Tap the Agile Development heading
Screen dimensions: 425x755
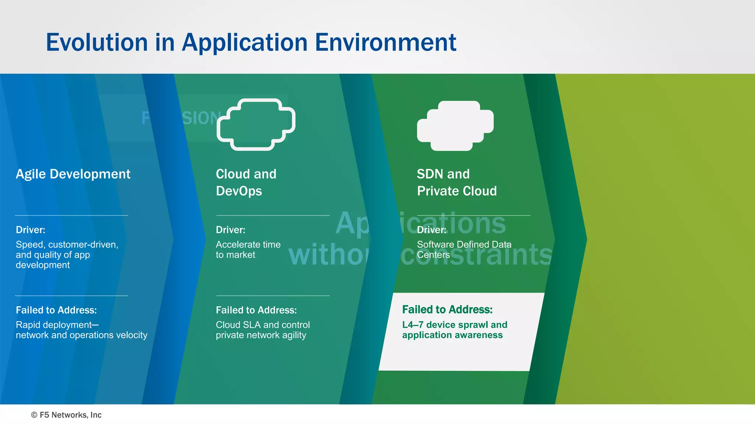(x=73, y=174)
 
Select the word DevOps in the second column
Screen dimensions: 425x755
(x=239, y=191)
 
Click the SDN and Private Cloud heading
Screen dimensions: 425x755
(x=456, y=182)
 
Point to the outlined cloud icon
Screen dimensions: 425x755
(x=256, y=124)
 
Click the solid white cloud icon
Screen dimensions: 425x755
(x=455, y=125)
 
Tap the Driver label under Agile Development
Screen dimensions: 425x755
(x=31, y=230)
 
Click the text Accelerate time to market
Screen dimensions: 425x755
(x=248, y=249)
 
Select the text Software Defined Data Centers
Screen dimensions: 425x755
(x=464, y=249)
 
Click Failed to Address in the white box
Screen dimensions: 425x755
(x=447, y=310)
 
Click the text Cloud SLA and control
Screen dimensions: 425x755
(x=262, y=325)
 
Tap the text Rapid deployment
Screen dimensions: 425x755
(x=57, y=325)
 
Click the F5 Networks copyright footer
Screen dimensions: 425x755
(x=66, y=415)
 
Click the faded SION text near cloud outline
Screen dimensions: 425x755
(x=201, y=118)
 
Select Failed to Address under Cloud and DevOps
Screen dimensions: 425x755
(x=256, y=310)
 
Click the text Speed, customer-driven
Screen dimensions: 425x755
(x=67, y=245)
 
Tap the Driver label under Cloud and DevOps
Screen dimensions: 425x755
(x=230, y=230)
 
